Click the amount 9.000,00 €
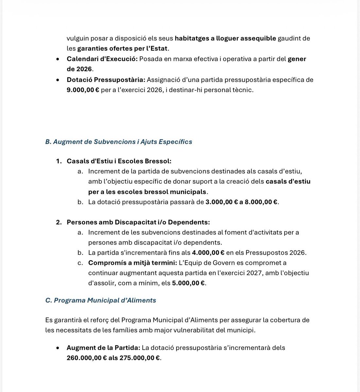[83, 90]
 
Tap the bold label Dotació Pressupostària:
[106, 80]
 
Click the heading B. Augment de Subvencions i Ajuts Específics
[118, 142]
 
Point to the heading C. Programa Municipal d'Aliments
[100, 300]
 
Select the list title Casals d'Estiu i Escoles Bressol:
[119, 161]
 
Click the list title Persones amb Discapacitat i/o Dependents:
[138, 222]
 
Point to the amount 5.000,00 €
[188, 283]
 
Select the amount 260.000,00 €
[87, 358]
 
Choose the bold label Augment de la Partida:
[103, 348]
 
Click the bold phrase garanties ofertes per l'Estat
[122, 49]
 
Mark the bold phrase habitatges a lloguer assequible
[225, 38]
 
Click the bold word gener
[297, 59]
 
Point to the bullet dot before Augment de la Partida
[58, 348]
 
